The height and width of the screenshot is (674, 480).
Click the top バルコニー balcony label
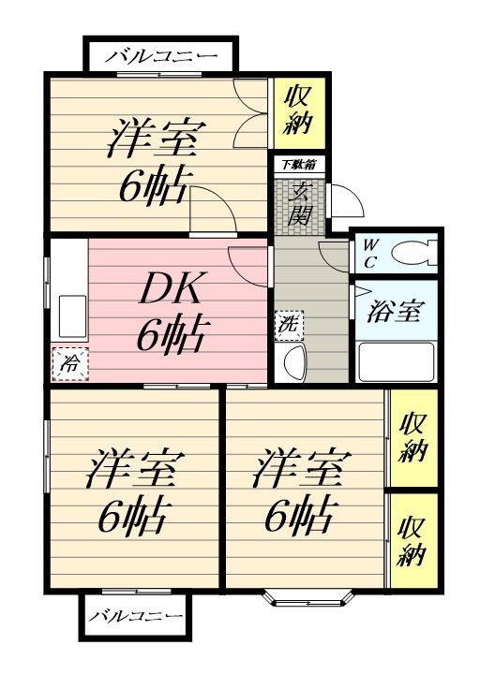click(161, 56)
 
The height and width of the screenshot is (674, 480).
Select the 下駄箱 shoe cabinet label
click(300, 164)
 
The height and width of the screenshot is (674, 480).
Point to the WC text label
click(368, 254)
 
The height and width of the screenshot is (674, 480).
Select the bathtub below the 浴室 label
click(397, 361)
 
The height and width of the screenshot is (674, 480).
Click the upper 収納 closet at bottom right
click(413, 438)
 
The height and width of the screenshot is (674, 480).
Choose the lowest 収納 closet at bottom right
click(413, 541)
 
